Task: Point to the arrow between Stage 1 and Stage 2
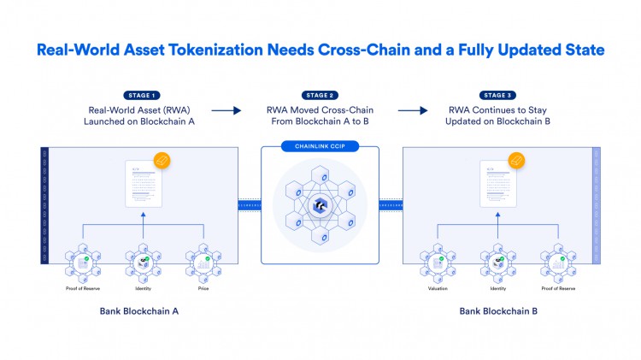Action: pyautogui.click(x=226, y=110)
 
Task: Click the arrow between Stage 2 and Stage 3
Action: pyautogui.click(x=412, y=110)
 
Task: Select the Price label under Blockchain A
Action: pyautogui.click(x=203, y=287)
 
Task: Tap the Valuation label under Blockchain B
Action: pyautogui.click(x=437, y=287)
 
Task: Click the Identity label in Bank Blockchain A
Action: pyautogui.click(x=144, y=287)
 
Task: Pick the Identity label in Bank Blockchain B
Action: pyautogui.click(x=497, y=287)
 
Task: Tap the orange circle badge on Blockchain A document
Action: pyautogui.click(x=162, y=160)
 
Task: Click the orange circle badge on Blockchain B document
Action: pyautogui.click(x=516, y=160)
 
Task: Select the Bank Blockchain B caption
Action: pyautogui.click(x=498, y=311)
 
